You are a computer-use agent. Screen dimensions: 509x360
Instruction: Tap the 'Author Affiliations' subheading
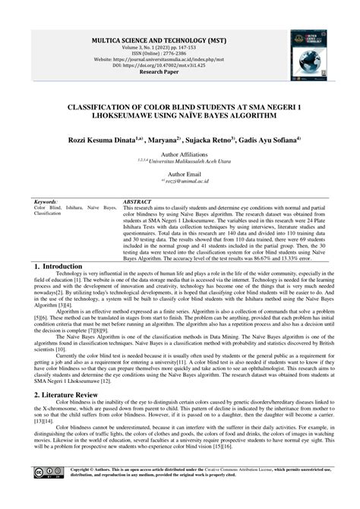[x=180, y=153]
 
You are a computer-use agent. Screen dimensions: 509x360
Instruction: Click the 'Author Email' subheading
[x=180, y=174]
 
